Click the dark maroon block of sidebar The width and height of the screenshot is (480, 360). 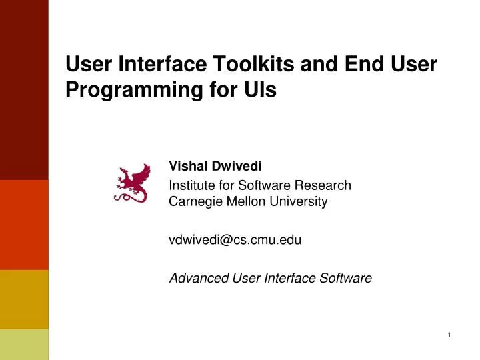pos(24,90)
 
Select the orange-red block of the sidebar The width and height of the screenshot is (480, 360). pos(24,225)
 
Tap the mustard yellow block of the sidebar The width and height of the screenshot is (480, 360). pos(24,299)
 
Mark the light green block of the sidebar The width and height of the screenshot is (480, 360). pos(24,344)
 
